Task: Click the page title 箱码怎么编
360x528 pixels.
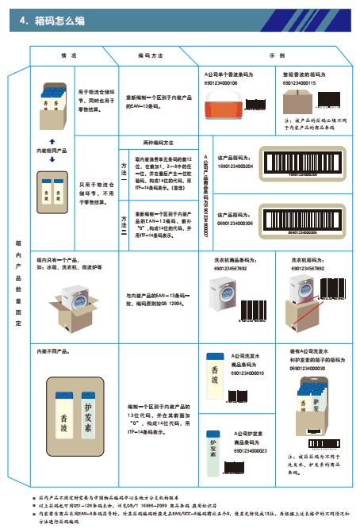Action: (52, 23)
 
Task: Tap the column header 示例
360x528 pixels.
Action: (277, 57)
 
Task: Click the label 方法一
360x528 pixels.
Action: (123, 167)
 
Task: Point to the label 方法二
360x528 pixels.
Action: (123, 221)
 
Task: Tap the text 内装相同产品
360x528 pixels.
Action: (52, 149)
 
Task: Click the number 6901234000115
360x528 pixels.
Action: (299, 82)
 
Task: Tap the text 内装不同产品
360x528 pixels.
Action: (52, 350)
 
